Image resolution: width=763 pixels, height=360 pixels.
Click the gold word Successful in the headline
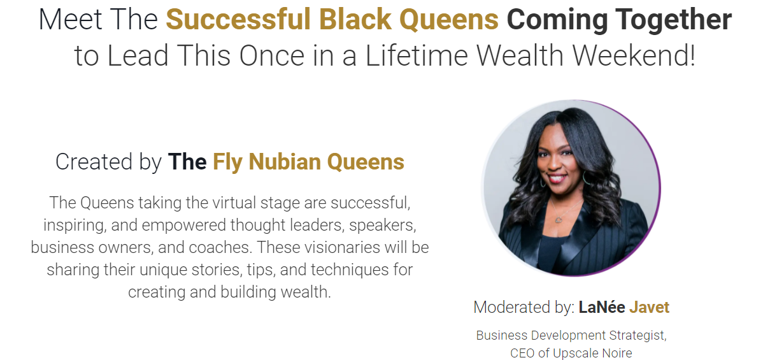pos(238,19)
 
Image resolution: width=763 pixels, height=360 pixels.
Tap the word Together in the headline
pos(673,20)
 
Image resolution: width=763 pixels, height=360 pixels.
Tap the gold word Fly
pos(228,162)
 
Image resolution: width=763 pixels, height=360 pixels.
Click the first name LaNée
pos(602,307)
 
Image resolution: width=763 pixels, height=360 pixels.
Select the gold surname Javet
pos(649,307)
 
